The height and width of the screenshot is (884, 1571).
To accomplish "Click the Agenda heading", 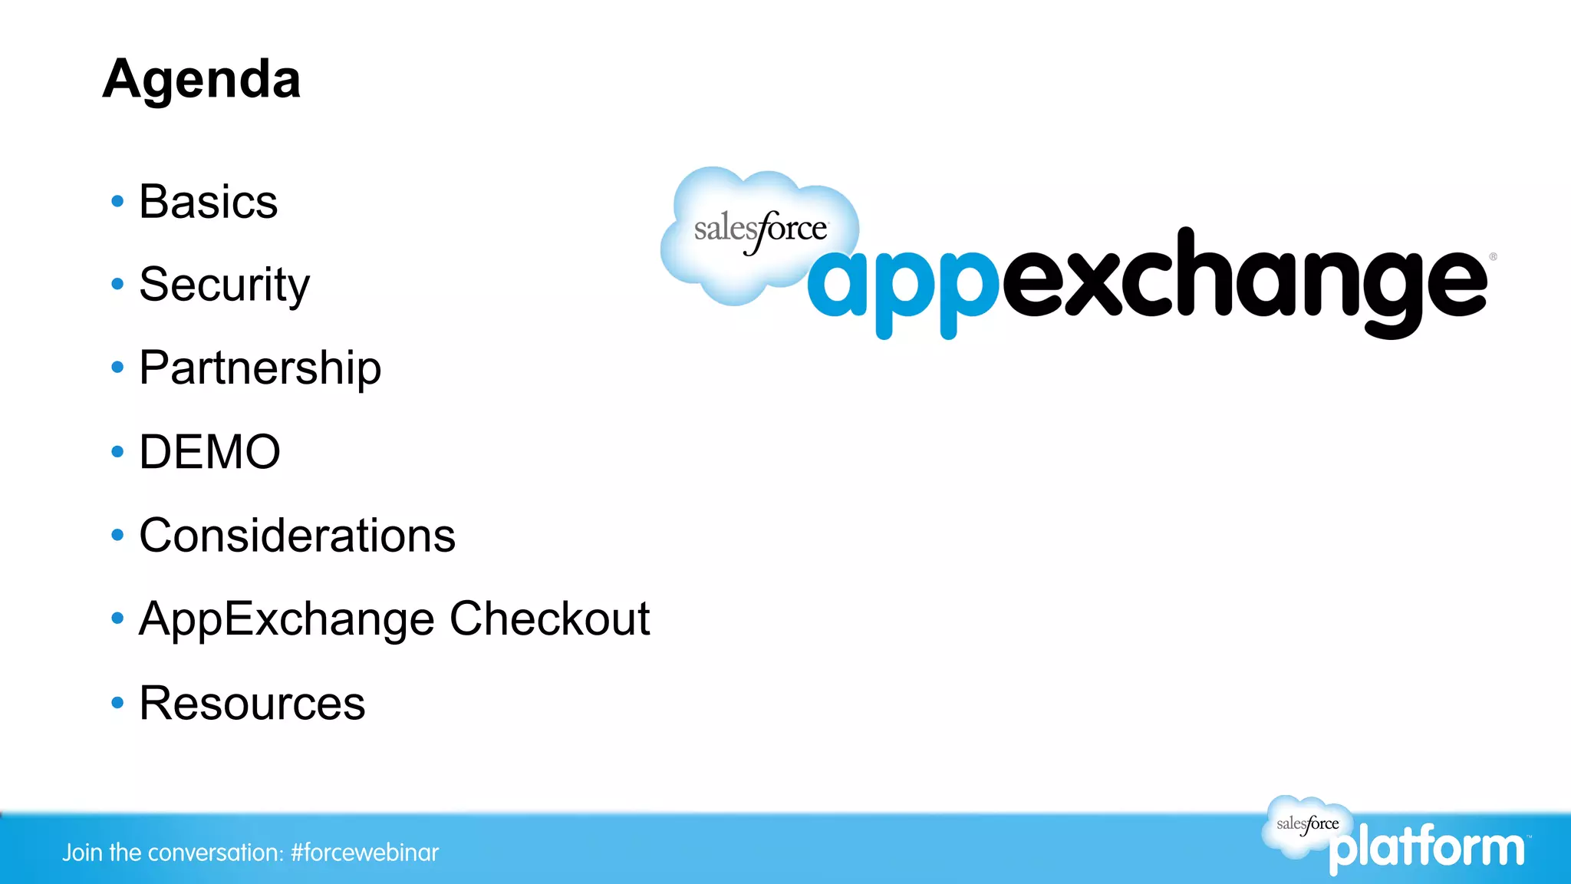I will pyautogui.click(x=202, y=80).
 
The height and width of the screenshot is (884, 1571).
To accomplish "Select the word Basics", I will pyautogui.click(x=208, y=202).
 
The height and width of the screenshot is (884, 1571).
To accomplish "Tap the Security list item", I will pyautogui.click(x=224, y=285).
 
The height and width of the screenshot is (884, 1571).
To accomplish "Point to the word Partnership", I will pyautogui.click(x=260, y=368).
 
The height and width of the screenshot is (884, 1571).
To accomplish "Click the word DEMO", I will pyautogui.click(x=209, y=451).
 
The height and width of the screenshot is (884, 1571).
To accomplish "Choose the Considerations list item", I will pyautogui.click(x=297, y=535).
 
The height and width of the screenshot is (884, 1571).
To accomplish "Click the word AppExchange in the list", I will pyautogui.click(x=287, y=618).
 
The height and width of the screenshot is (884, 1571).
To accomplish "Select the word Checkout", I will pyautogui.click(x=549, y=618).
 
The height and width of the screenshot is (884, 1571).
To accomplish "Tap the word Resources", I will pyautogui.click(x=252, y=703).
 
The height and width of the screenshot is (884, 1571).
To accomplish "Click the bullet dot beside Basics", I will pyautogui.click(x=117, y=202).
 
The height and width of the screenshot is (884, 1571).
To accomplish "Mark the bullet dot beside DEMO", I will pyautogui.click(x=117, y=451).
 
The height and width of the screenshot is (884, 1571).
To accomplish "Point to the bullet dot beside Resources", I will pyautogui.click(x=117, y=703).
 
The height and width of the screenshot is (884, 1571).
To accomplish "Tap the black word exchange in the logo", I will pyautogui.click(x=1243, y=280).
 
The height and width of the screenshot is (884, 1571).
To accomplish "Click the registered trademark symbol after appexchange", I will pyautogui.click(x=1493, y=257).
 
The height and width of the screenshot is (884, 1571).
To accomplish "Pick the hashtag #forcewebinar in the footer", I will pyautogui.click(x=364, y=853).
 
